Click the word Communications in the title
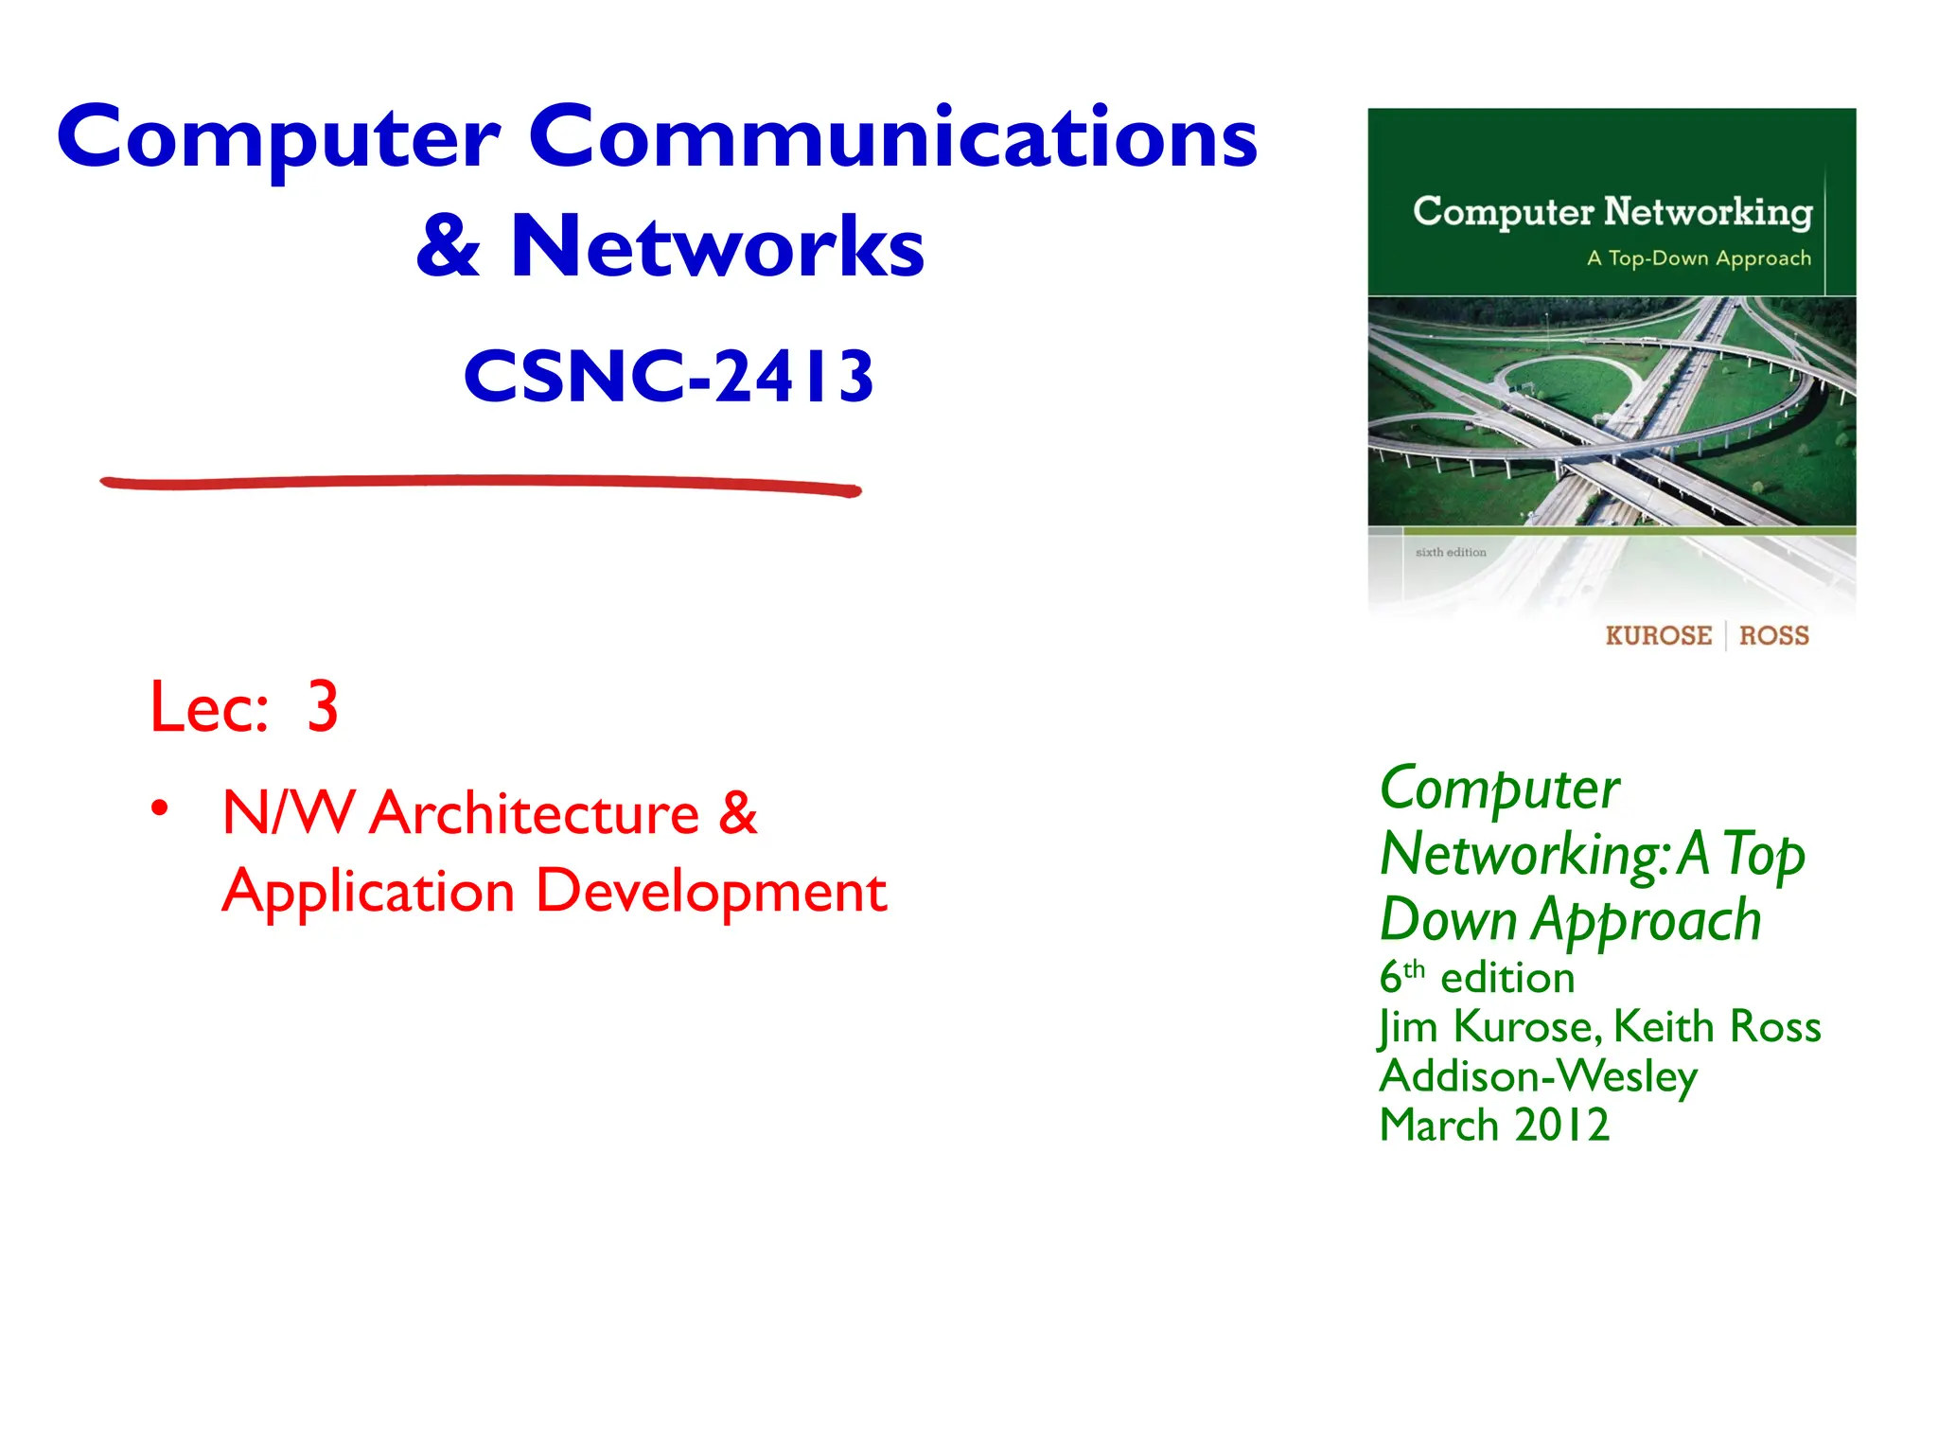892,137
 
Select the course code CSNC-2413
668,377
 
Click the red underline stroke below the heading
481,484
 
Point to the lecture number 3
323,707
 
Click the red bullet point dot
160,808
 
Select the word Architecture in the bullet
534,813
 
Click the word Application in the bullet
368,893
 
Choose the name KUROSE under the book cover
1658,636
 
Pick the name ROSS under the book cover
1773,636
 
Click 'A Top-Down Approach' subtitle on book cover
1699,258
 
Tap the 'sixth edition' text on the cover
1450,552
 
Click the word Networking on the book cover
1707,211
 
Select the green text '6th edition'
1476,978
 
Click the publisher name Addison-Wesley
1538,1076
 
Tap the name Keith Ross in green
1717,1026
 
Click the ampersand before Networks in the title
448,247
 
